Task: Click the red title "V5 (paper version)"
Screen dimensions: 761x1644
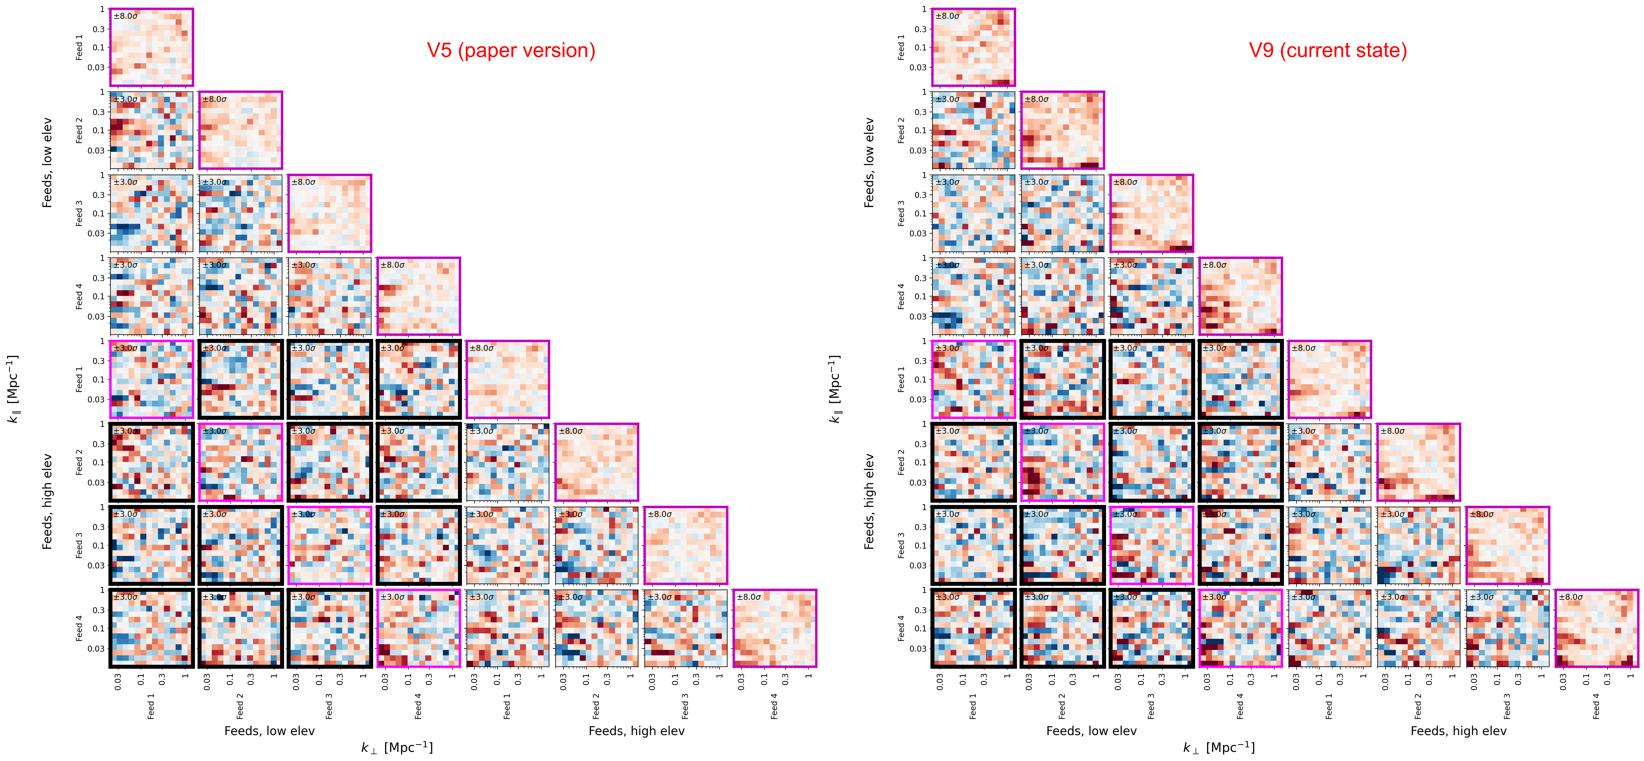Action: pos(511,50)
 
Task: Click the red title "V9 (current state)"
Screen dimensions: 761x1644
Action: pos(1327,50)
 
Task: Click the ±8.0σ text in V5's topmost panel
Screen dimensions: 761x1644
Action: pos(126,16)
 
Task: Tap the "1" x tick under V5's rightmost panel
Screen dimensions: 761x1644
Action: pos(809,676)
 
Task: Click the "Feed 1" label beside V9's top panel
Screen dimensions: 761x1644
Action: pos(901,47)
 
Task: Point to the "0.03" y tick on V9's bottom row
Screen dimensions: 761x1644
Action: pos(918,649)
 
